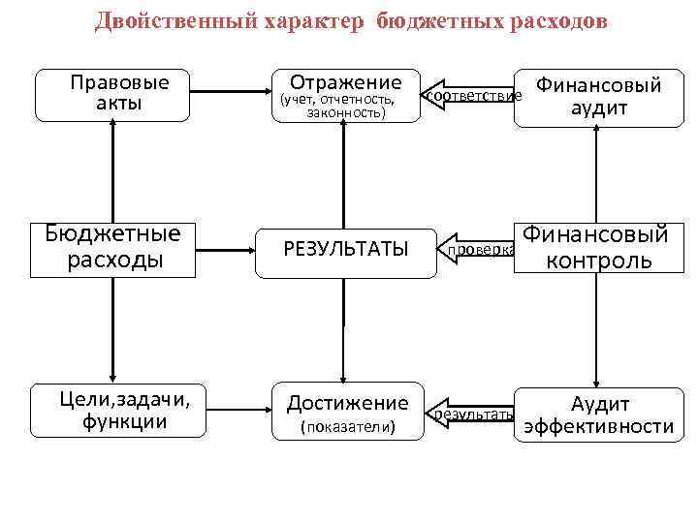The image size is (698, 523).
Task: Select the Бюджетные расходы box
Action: [112, 248]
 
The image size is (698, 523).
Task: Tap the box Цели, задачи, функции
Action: [112, 409]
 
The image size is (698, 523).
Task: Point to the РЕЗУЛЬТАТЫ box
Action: [345, 250]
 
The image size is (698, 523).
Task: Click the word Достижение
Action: [347, 401]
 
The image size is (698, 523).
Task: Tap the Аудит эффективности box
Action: [599, 415]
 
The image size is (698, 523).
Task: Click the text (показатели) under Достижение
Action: [347, 427]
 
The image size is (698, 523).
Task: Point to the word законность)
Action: [345, 113]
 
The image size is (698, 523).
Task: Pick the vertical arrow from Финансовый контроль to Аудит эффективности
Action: [599, 329]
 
